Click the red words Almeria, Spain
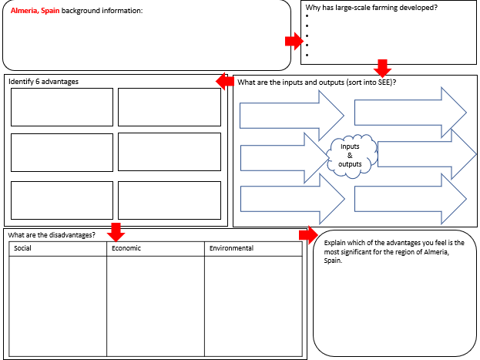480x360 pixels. pyautogui.click(x=35, y=11)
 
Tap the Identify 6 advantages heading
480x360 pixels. pyautogui.click(x=44, y=81)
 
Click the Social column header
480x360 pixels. pyautogui.click(x=23, y=248)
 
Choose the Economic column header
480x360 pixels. pyautogui.click(x=126, y=248)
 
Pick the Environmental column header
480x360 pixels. pyautogui.click(x=230, y=248)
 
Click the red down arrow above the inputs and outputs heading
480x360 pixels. pyautogui.click(x=381, y=67)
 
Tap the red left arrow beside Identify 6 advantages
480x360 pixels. pyautogui.click(x=225, y=81)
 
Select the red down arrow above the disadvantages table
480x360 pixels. pyautogui.click(x=116, y=230)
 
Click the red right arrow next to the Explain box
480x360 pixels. pyautogui.click(x=307, y=234)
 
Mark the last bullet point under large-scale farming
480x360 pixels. pyautogui.click(x=307, y=55)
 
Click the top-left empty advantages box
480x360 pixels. pyautogui.click(x=62, y=106)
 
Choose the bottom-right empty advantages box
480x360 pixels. pyautogui.click(x=170, y=200)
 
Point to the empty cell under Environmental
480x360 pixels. pyautogui.click(x=253, y=304)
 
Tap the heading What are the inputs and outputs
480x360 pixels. pyautogui.click(x=322, y=82)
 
